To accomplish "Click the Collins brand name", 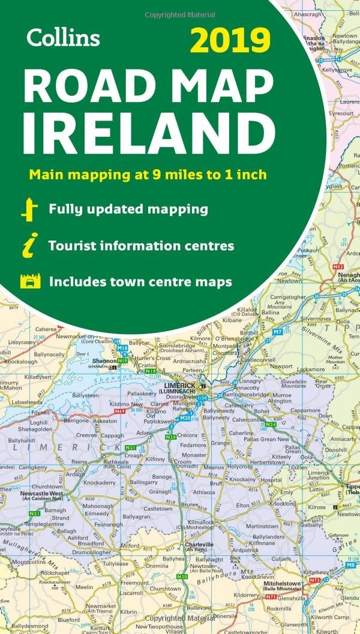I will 62,38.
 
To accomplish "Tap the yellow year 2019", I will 230,43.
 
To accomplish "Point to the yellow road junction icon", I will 29,210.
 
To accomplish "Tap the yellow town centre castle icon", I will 30,281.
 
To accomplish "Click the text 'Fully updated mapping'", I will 128,209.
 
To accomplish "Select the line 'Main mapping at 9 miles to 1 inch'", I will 147,175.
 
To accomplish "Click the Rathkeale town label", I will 116,462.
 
